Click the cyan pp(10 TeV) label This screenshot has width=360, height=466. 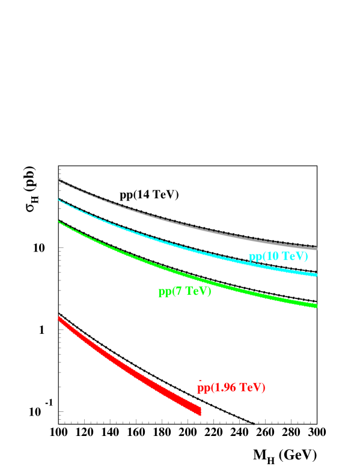click(278, 256)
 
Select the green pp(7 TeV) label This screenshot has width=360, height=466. click(185, 292)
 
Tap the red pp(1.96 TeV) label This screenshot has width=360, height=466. click(231, 387)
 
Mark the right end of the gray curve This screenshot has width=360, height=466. click(316, 249)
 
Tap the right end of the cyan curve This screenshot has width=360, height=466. click(316, 275)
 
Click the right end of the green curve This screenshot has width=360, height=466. click(316, 306)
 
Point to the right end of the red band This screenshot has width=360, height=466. click(200, 411)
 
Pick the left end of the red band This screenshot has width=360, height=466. click(59, 319)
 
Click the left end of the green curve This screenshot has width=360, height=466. click(59, 222)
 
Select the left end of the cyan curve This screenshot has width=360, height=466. click(59, 199)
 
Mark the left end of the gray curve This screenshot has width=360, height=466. click(59, 180)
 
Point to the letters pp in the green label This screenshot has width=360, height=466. click(164, 292)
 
